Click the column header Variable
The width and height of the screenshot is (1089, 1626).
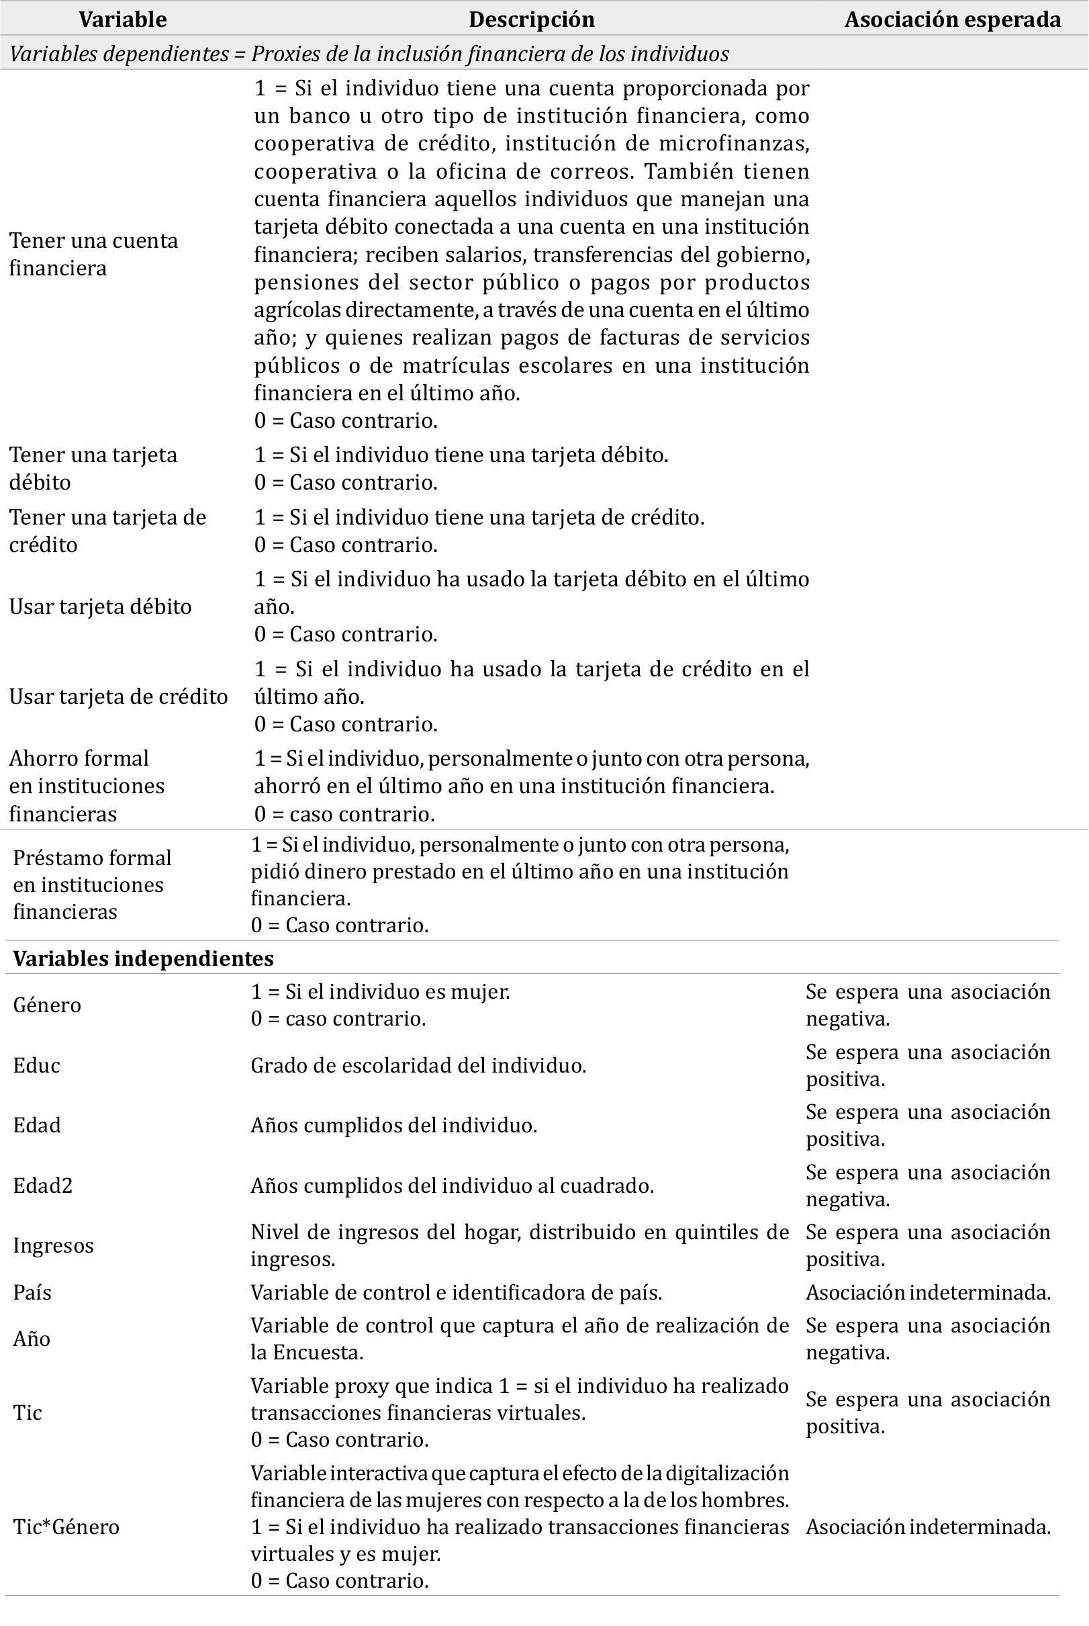click(122, 19)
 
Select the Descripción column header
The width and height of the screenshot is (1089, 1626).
click(531, 19)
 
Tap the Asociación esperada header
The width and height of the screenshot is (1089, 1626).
click(952, 19)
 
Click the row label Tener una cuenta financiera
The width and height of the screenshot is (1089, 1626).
click(93, 255)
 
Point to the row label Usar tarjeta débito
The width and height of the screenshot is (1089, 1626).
click(100, 606)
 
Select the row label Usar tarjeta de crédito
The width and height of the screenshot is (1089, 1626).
click(118, 696)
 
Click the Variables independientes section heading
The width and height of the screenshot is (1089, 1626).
click(143, 958)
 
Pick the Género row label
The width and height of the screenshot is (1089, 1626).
click(47, 1005)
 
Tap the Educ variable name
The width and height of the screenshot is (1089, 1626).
click(37, 1065)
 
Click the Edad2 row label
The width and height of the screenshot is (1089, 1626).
click(43, 1185)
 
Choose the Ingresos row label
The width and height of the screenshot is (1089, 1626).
click(53, 1245)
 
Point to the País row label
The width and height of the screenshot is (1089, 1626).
click(33, 1293)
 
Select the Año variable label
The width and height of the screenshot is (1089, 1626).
click(32, 1339)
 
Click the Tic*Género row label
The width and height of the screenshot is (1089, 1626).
click(66, 1527)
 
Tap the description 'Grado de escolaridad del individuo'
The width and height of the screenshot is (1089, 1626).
click(418, 1065)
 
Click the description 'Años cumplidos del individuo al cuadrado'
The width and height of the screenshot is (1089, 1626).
click(452, 1185)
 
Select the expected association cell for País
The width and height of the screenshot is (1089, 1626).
click(928, 1293)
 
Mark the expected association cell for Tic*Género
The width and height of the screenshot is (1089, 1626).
click(928, 1527)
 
